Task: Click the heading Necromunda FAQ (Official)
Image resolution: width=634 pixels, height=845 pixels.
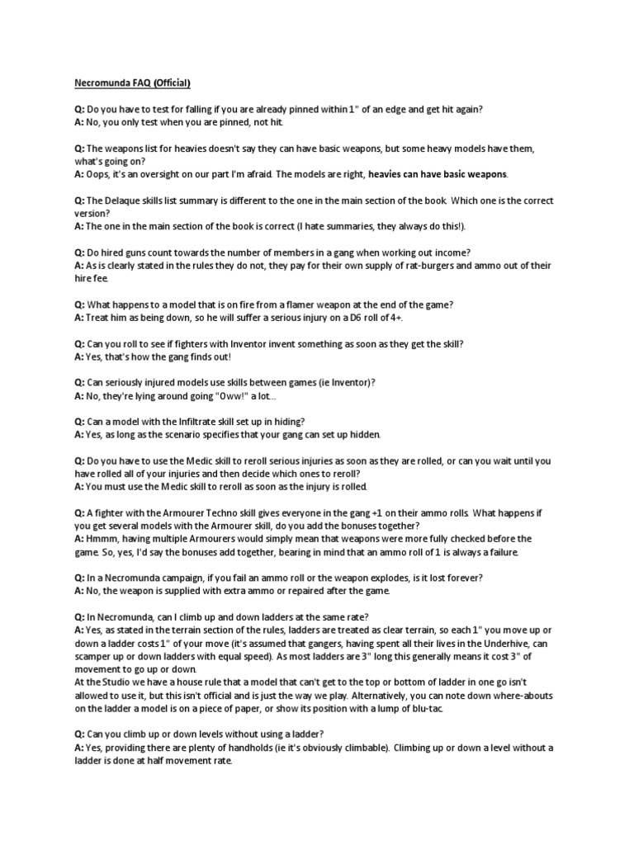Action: (x=133, y=83)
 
